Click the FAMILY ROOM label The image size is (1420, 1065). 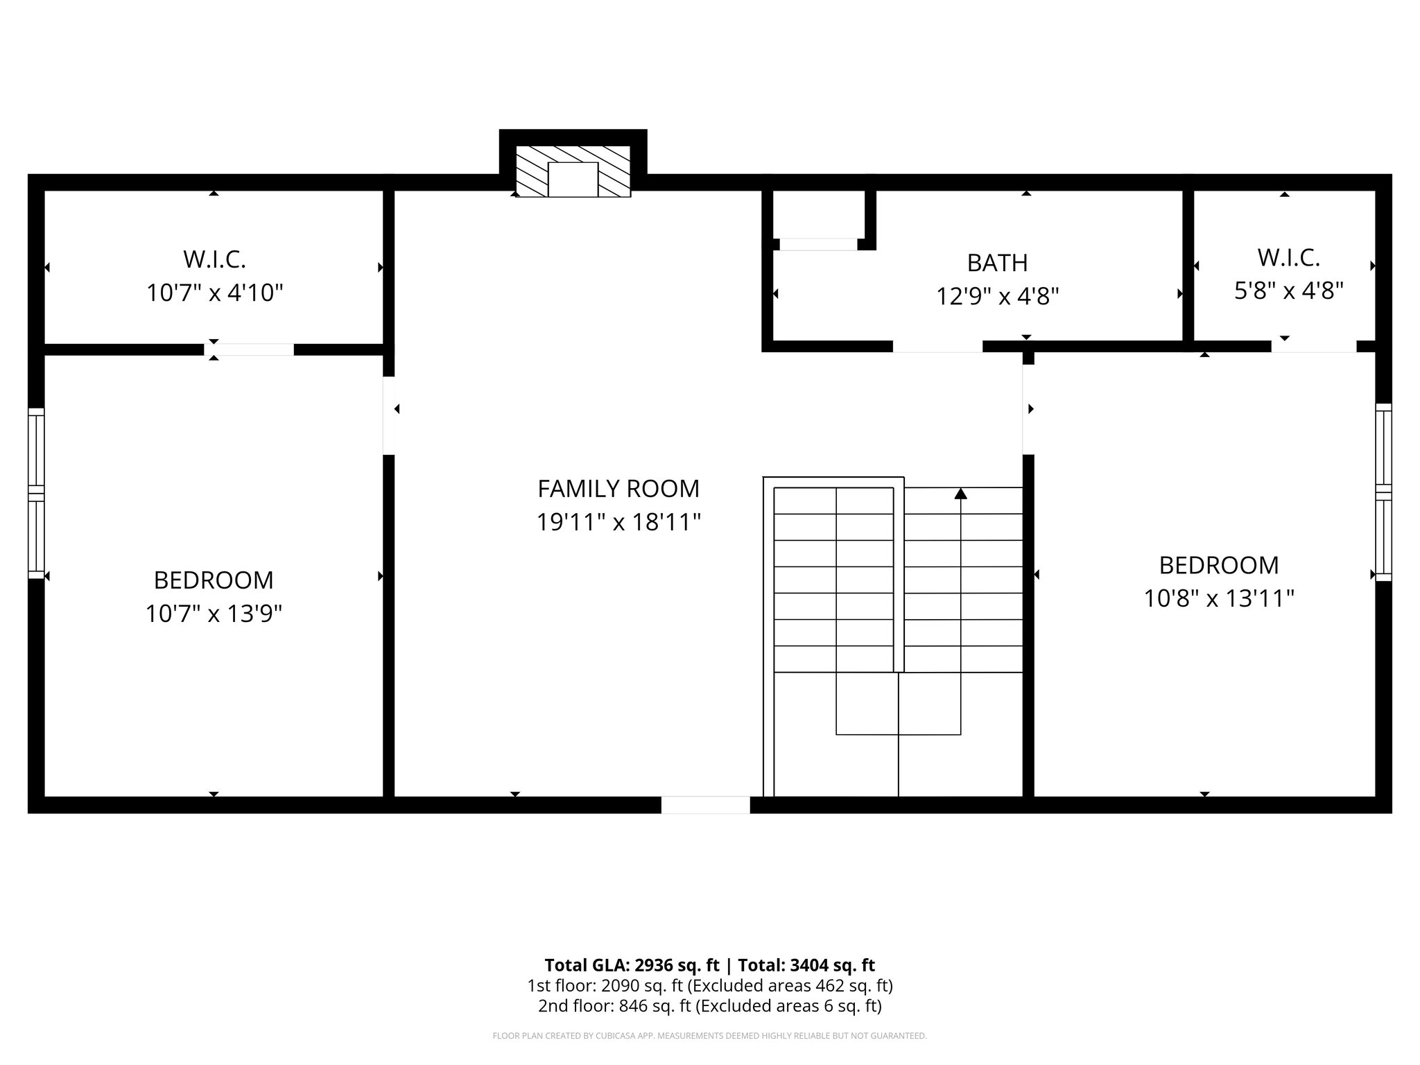click(x=618, y=489)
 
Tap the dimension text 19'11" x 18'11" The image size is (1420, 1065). click(x=618, y=522)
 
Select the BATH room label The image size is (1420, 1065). click(x=997, y=263)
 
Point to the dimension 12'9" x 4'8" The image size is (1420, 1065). click(x=997, y=297)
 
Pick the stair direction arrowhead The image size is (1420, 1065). click(x=960, y=494)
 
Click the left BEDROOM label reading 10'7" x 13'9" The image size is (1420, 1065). click(x=214, y=580)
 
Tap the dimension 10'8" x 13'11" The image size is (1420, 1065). click(x=1218, y=598)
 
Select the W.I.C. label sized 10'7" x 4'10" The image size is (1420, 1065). click(x=214, y=259)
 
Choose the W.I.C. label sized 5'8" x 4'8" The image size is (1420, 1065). click(x=1288, y=258)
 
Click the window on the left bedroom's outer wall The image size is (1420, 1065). click(x=36, y=493)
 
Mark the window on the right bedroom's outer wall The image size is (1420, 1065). click(x=1383, y=492)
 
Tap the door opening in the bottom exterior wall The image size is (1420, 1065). click(x=705, y=805)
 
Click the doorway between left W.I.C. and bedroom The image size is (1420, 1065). click(x=250, y=349)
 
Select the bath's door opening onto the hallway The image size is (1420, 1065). click(x=937, y=346)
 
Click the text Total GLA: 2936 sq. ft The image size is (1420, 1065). click(x=634, y=965)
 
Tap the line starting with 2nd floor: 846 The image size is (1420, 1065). click(x=709, y=1005)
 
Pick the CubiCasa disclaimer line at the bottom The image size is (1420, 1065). click(x=709, y=1036)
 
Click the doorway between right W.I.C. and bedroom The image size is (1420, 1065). click(x=1313, y=346)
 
